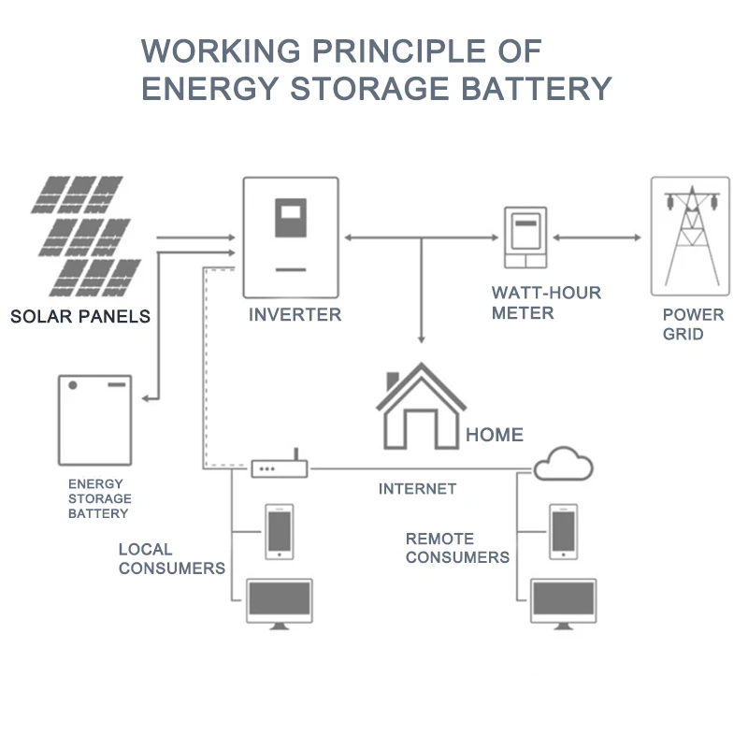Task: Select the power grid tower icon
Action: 690,237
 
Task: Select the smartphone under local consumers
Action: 280,532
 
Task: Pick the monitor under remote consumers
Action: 563,602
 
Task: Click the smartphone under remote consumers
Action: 563,532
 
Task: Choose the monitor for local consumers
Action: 279,602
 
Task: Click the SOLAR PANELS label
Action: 80,317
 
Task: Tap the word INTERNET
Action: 417,489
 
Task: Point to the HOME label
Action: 494,435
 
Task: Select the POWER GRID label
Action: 693,324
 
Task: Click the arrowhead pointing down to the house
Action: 423,338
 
